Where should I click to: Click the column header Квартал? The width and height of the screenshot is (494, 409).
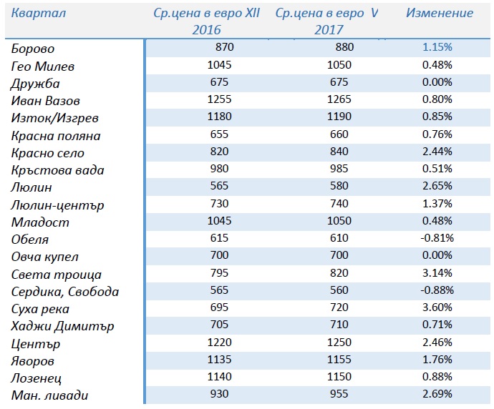(x=39, y=13)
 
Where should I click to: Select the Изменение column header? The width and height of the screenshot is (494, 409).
(x=440, y=13)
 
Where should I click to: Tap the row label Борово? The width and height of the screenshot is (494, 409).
(x=33, y=49)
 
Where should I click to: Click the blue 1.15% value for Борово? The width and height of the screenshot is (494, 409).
(x=437, y=47)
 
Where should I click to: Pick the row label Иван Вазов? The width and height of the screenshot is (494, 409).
(x=45, y=101)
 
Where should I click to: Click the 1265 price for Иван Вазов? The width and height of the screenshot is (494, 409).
(x=339, y=99)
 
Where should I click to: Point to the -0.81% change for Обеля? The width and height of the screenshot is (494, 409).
(x=437, y=238)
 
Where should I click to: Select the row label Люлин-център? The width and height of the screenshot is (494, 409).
(x=57, y=205)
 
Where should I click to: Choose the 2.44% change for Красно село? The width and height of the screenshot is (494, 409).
(x=437, y=152)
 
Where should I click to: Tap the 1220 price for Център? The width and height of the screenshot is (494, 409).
(x=219, y=342)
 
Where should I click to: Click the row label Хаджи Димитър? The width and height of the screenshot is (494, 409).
(x=62, y=326)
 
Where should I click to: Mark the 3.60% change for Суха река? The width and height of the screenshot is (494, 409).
(x=437, y=307)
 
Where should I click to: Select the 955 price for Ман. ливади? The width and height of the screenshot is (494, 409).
(x=339, y=393)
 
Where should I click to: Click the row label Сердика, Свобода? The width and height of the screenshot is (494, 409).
(x=65, y=292)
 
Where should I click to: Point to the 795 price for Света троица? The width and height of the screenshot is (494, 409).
(x=219, y=272)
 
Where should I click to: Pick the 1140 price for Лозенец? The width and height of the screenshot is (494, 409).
(x=219, y=376)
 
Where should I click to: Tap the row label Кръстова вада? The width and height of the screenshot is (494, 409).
(x=57, y=170)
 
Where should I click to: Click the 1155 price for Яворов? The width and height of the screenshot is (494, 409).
(x=339, y=359)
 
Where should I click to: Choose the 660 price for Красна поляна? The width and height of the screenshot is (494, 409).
(x=339, y=134)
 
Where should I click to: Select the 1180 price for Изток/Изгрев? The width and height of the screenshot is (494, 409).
(x=219, y=117)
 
